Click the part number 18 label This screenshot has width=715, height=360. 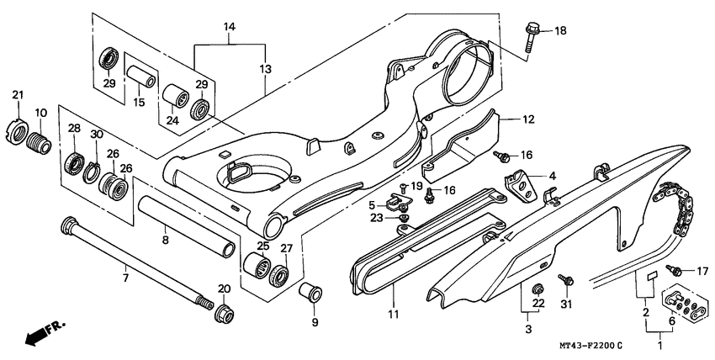coord(561,31)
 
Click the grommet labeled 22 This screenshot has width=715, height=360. coord(534,291)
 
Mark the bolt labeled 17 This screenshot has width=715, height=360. coord(675,271)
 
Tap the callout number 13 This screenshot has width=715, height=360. coord(266,67)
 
